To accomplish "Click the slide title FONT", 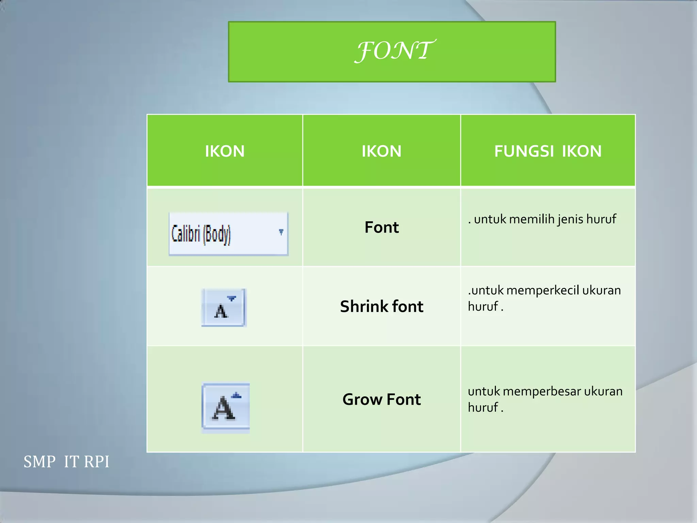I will pyautogui.click(x=394, y=51).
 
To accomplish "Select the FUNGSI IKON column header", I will pyautogui.click(x=548, y=151).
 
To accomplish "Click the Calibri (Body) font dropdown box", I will pyautogui.click(x=228, y=234).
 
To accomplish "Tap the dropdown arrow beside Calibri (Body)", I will pyautogui.click(x=281, y=232).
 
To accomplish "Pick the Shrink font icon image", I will pyautogui.click(x=224, y=307).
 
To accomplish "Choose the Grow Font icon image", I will pyautogui.click(x=226, y=407).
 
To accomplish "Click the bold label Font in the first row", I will pyautogui.click(x=382, y=227).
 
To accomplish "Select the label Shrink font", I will pyautogui.click(x=382, y=306).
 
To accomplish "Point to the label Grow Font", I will pyautogui.click(x=382, y=399).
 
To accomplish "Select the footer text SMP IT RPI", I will pyautogui.click(x=66, y=462).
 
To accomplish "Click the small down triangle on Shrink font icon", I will pyautogui.click(x=231, y=299).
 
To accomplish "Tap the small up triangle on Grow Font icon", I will pyautogui.click(x=237, y=396).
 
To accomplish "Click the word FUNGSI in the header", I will pyautogui.click(x=524, y=151).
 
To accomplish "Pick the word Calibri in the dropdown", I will pyautogui.click(x=185, y=234).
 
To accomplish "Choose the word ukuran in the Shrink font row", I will pyautogui.click(x=601, y=290).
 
